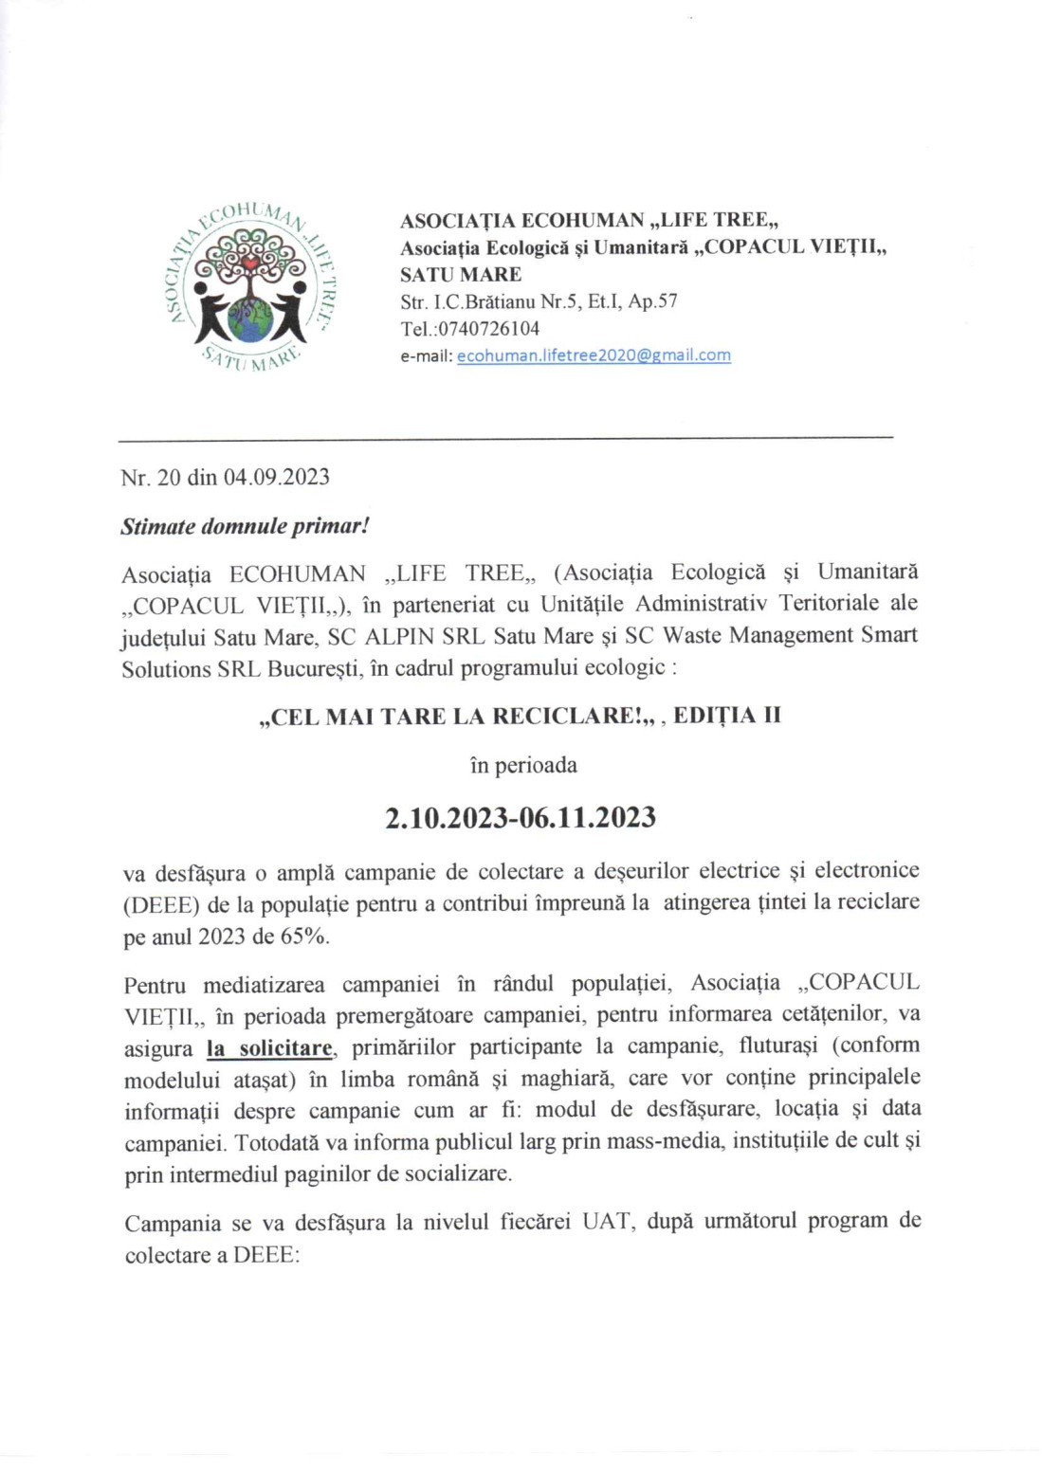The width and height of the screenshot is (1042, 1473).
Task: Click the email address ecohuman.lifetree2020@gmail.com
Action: pos(594,355)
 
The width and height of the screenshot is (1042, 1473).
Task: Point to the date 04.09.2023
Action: pos(276,477)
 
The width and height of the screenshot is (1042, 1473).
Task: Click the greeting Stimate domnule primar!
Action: pos(245,526)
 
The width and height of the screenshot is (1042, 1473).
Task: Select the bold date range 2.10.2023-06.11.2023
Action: pos(521,817)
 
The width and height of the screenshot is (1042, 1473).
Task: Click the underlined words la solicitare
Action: pos(270,1048)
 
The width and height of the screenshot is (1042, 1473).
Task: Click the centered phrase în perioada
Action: pos(523,765)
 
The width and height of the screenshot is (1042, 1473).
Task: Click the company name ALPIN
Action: pos(401,635)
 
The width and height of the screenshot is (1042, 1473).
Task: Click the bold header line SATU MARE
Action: pos(461,275)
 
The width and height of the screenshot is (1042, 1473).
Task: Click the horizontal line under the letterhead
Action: pos(505,437)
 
